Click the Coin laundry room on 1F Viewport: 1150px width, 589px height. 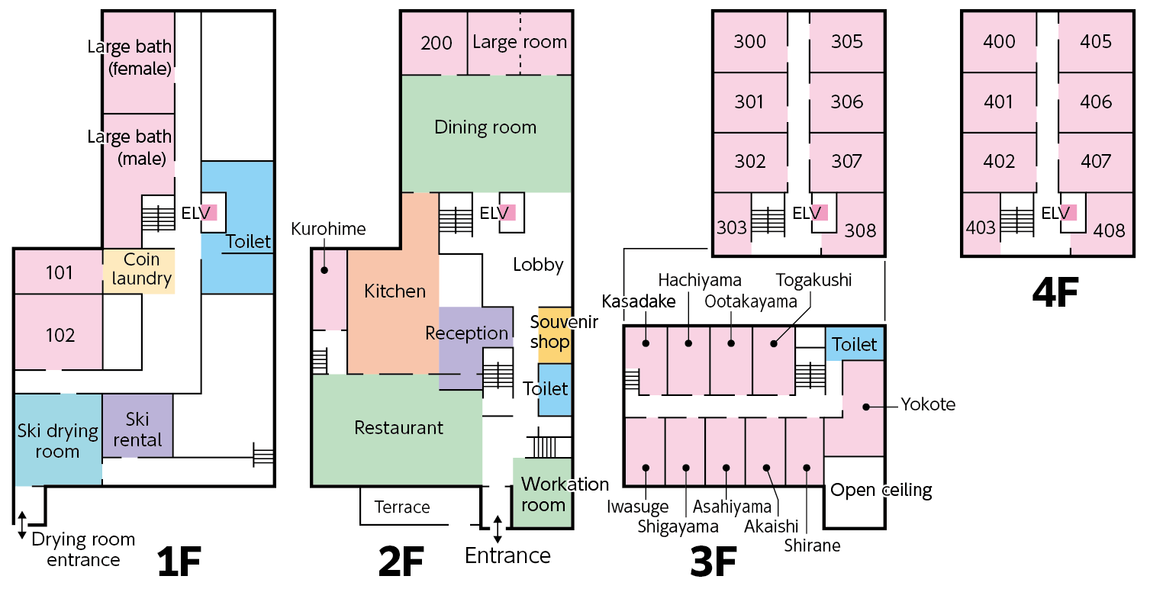pyautogui.click(x=138, y=270)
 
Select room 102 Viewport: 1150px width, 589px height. pyautogui.click(x=60, y=334)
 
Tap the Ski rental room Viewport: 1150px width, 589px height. pyautogui.click(x=138, y=429)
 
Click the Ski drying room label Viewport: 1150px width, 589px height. pyautogui.click(x=58, y=441)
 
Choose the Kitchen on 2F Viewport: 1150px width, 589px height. pyautogui.click(x=394, y=291)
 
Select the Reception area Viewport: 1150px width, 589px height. pyautogui.click(x=467, y=333)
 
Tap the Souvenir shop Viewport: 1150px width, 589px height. pyautogui.click(x=555, y=333)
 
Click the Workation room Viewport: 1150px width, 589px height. pyautogui.click(x=543, y=494)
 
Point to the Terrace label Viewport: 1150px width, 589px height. pyautogui.click(x=402, y=507)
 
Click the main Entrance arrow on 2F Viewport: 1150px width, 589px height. pyautogui.click(x=498, y=528)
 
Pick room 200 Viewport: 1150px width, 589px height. pyautogui.click(x=436, y=43)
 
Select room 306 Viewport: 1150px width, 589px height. pyautogui.click(x=847, y=101)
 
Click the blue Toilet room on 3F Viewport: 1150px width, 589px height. pyautogui.click(x=855, y=344)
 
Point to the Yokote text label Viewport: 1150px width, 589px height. pyautogui.click(x=927, y=404)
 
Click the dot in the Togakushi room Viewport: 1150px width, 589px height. pyautogui.click(x=773, y=343)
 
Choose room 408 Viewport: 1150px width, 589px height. pyautogui.click(x=1109, y=229)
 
